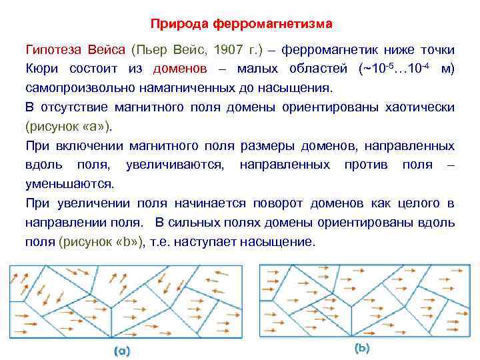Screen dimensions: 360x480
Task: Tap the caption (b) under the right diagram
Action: [x=361, y=348]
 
